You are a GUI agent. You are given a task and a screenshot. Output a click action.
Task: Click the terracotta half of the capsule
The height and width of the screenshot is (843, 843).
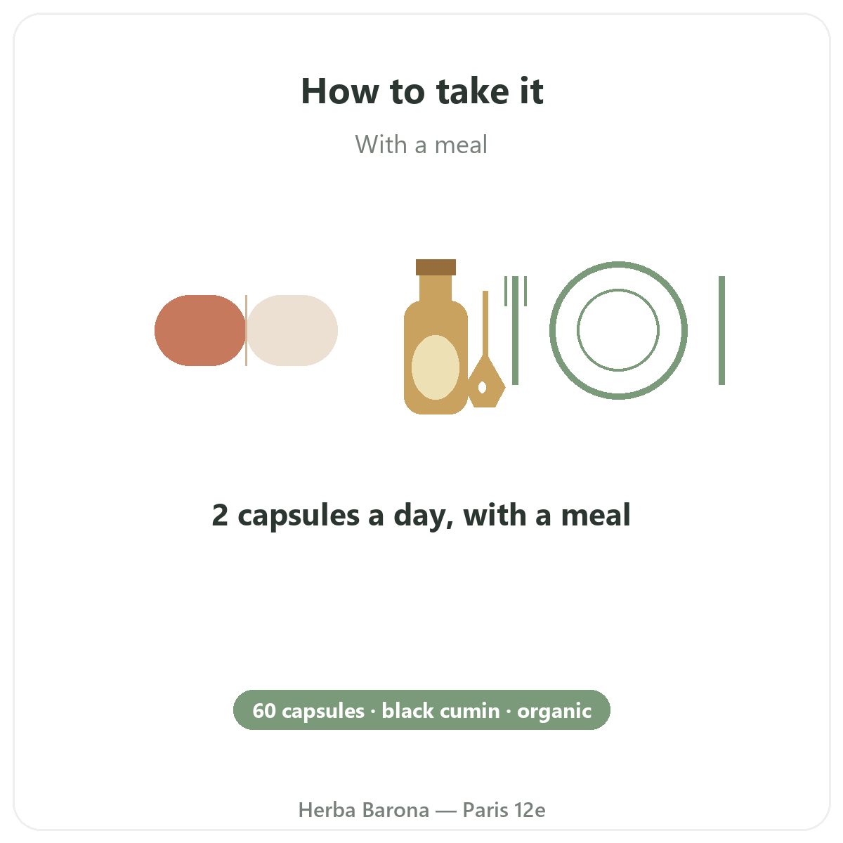tap(200, 330)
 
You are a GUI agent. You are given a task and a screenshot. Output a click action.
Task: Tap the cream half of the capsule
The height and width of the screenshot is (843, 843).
tap(292, 330)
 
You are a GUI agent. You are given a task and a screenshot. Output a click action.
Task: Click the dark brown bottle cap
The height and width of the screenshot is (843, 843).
tap(436, 267)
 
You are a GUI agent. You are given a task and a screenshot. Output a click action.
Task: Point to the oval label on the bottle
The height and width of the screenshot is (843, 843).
tap(436, 367)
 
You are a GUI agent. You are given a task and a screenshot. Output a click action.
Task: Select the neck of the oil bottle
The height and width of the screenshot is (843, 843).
tap(436, 288)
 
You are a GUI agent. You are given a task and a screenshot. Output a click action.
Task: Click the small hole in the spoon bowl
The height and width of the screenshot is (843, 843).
tap(482, 387)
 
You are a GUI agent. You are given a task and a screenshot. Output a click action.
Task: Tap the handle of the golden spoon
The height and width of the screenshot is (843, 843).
tap(485, 324)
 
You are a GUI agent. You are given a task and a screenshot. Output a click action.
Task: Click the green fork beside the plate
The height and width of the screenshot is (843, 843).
tap(516, 330)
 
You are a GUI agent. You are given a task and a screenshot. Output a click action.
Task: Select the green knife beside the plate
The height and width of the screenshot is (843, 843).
tap(722, 330)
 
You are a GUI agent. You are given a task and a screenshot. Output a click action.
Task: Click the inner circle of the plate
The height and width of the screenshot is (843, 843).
tap(618, 289)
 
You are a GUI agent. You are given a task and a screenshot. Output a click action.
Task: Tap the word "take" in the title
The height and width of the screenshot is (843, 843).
tap(472, 91)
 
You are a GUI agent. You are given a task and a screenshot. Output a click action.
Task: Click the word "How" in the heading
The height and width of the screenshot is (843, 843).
tap(340, 91)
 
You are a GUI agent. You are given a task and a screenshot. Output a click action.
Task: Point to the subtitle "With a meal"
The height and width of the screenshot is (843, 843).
tap(421, 145)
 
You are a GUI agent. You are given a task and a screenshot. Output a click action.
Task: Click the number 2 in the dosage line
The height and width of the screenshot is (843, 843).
tap(220, 515)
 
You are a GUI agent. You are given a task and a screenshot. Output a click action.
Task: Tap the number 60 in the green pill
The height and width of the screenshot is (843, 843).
tap(264, 711)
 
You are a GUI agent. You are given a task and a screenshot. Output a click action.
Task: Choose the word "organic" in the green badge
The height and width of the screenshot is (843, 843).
tap(554, 712)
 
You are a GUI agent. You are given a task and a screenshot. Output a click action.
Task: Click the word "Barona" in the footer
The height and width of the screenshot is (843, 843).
tap(396, 810)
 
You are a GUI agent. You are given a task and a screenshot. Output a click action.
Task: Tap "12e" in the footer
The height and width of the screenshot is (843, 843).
tap(530, 810)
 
